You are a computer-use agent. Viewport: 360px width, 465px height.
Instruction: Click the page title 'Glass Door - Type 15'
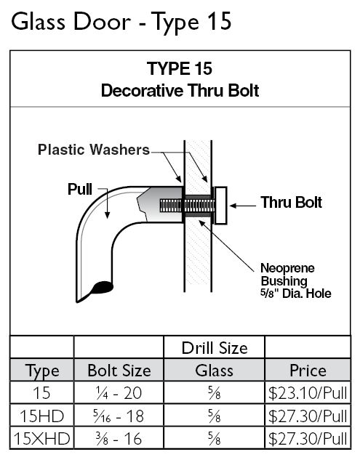point(121,22)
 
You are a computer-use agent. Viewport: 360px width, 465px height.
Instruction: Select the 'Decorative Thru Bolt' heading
point(180,90)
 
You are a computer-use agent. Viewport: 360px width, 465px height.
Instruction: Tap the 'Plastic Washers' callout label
point(94,150)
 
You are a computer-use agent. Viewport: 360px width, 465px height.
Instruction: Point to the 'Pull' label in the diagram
point(79,189)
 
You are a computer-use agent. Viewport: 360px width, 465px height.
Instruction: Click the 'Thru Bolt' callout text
point(291,203)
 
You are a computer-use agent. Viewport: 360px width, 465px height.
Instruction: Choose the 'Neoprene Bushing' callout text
point(287,275)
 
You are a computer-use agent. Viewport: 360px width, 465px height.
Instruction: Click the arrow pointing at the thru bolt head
point(243,206)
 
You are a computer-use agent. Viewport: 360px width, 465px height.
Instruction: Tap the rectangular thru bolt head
point(220,205)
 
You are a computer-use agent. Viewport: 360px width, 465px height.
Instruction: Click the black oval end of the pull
point(103,287)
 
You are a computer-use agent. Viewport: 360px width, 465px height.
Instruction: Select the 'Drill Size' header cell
point(215,348)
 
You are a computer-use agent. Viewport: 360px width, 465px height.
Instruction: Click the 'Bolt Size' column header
point(119,371)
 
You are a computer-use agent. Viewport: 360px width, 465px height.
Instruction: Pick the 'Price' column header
point(308,371)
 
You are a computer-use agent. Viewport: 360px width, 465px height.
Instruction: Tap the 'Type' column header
point(42,371)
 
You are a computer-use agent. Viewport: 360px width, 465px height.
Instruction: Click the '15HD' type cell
point(42,416)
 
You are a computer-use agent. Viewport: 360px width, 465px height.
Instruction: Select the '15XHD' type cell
point(42,439)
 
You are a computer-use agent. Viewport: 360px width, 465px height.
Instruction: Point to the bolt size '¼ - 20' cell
point(119,393)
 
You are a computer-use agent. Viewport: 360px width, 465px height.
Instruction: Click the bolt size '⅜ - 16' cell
point(119,439)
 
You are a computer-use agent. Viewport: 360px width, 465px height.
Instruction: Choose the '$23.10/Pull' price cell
point(308,393)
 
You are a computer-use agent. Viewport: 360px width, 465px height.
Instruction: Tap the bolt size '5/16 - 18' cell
point(119,416)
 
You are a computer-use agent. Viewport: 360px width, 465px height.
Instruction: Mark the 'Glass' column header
point(214,371)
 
